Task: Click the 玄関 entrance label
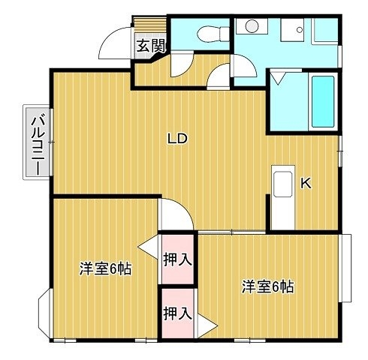point(151,46)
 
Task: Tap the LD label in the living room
point(177,138)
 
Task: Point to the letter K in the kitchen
point(306,184)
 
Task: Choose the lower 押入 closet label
point(177,313)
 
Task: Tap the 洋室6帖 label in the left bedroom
point(105,268)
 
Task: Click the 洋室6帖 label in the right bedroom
point(267,286)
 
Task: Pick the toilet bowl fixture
point(213,34)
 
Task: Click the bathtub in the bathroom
point(323,101)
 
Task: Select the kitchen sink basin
point(283,184)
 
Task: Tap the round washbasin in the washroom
point(252,26)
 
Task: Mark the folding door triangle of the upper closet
point(149,247)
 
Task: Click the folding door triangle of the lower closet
point(207,325)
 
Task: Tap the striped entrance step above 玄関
point(150,24)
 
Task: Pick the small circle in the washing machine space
point(300,30)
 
